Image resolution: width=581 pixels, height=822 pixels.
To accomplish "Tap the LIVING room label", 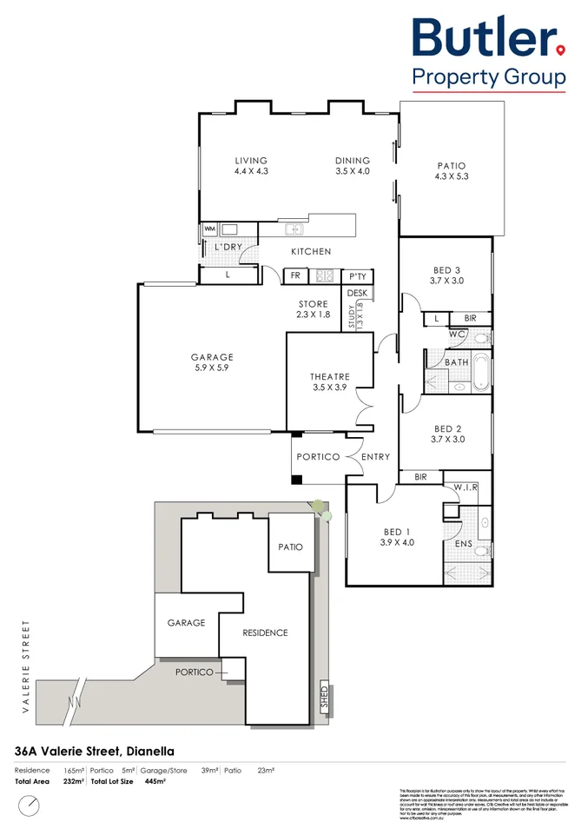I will click(251, 166).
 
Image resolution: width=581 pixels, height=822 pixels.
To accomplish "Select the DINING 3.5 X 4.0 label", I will click(353, 166).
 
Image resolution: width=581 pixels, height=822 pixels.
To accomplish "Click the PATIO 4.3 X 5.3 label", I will click(451, 171).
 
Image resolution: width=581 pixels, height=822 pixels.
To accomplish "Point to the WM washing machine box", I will click(209, 229).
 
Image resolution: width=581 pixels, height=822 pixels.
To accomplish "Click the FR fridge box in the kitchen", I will click(295, 276).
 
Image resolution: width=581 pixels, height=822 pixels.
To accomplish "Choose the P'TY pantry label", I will click(357, 276).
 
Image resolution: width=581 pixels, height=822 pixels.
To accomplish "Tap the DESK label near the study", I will click(358, 294).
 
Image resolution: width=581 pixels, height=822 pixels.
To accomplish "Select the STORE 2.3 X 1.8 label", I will click(314, 309).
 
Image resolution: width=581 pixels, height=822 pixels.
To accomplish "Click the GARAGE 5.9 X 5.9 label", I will click(212, 362).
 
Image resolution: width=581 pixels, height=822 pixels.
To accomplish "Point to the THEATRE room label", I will click(328, 381).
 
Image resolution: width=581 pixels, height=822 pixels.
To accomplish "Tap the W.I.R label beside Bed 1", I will click(466, 487).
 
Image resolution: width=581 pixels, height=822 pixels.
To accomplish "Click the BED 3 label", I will click(446, 275).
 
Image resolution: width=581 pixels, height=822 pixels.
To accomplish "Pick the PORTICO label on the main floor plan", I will click(318, 457).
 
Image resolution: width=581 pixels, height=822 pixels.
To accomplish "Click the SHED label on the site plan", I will click(324, 698).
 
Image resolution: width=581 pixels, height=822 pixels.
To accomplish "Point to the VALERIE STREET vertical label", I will click(26, 667).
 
